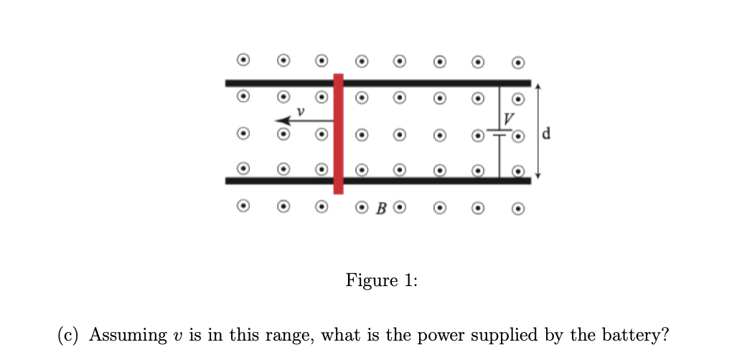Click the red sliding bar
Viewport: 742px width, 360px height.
click(338, 133)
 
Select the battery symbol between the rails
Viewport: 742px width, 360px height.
click(499, 133)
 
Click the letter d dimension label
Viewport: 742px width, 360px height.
click(548, 133)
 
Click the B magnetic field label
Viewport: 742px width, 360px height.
click(381, 209)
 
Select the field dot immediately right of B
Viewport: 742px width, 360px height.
click(400, 209)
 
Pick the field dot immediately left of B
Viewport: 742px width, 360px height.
click(362, 209)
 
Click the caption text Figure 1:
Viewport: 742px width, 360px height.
click(381, 280)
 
